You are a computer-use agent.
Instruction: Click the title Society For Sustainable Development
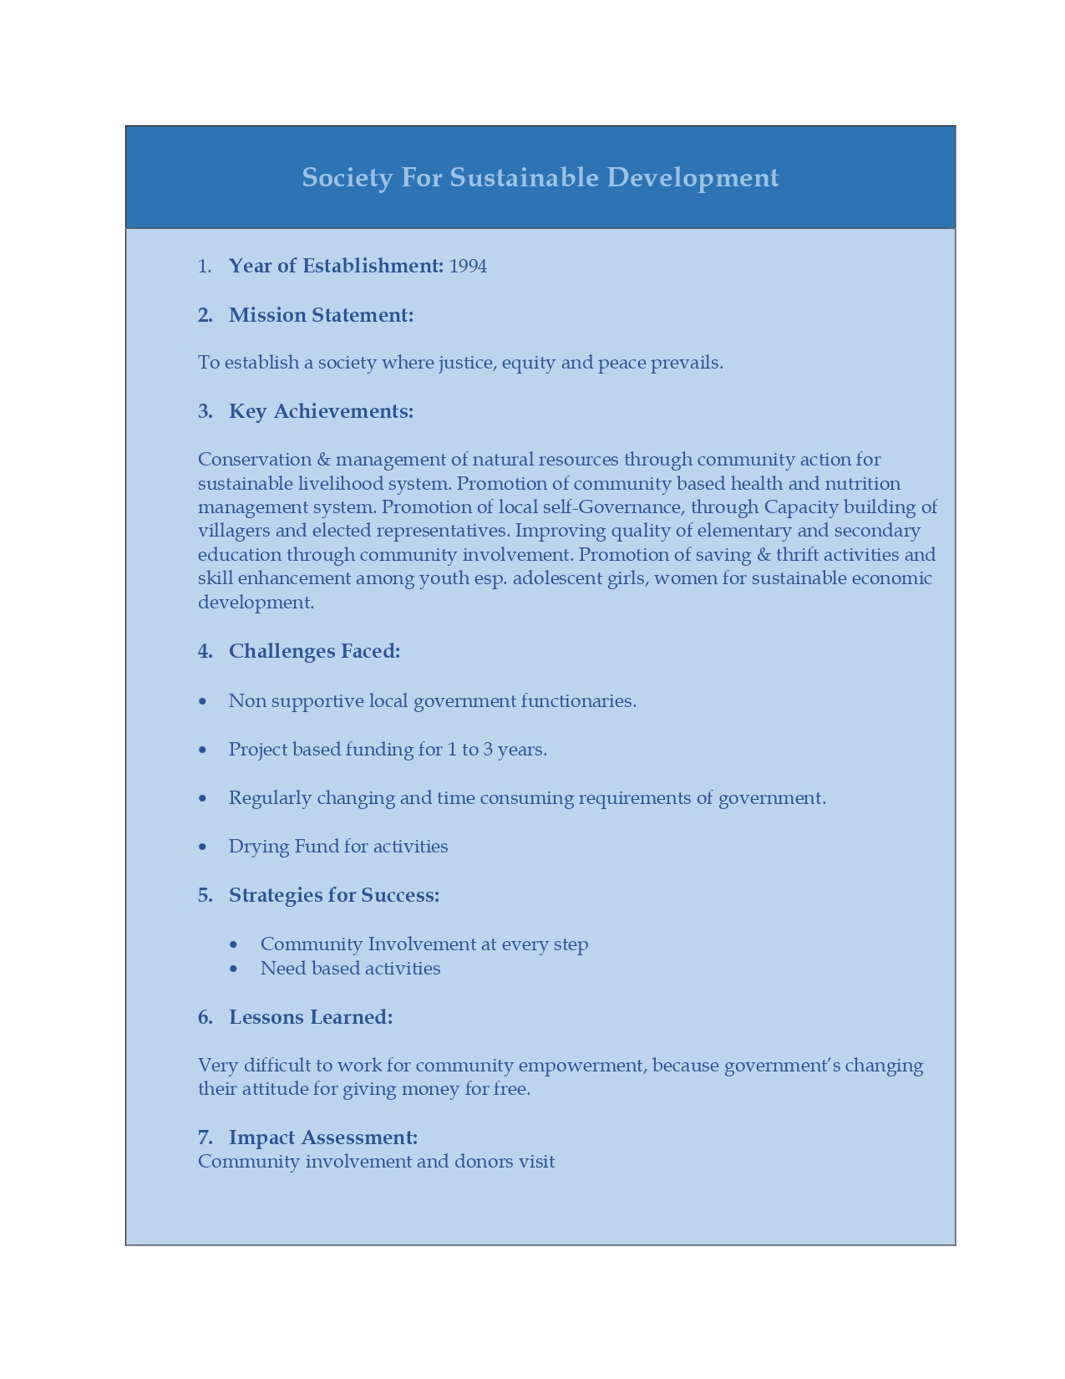click(540, 177)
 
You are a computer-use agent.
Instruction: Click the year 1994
click(468, 266)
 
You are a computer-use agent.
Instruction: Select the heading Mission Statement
click(321, 315)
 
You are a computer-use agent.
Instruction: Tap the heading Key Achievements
click(321, 411)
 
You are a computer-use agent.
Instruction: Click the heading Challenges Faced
click(314, 651)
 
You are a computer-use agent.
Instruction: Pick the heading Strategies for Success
click(333, 895)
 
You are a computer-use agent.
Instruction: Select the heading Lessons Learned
click(310, 1017)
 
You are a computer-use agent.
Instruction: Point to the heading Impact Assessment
click(322, 1137)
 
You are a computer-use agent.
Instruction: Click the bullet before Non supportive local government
click(203, 701)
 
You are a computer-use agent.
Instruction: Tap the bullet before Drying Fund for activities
click(203, 847)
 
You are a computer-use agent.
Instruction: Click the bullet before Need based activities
click(234, 969)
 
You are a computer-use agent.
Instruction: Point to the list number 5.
click(205, 895)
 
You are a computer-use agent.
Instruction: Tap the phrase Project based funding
click(323, 750)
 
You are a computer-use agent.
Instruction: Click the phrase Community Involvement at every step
click(423, 944)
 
